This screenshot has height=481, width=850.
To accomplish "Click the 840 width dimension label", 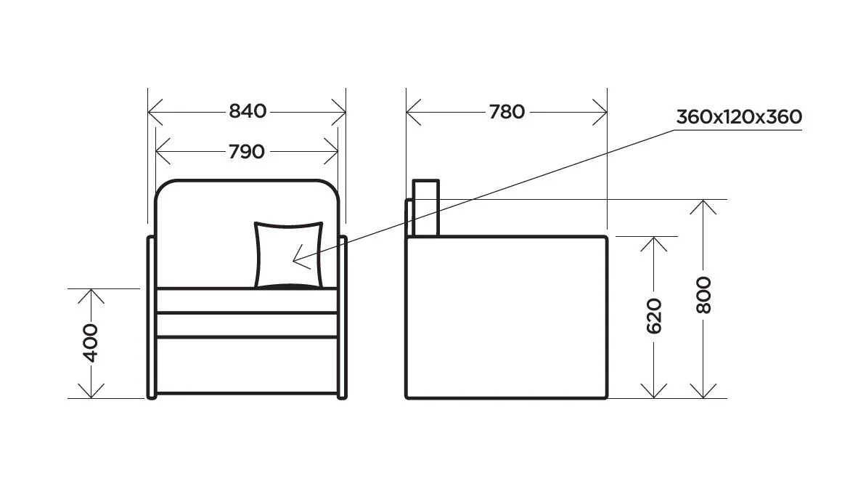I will point(248,111).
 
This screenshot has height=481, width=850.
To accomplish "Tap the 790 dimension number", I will point(247,151).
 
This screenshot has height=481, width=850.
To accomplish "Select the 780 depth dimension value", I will point(506,112).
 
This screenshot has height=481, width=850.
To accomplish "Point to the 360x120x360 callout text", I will point(738,116).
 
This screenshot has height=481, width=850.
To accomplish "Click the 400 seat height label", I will point(91,343).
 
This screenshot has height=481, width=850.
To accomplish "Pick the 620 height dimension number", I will point(654,315).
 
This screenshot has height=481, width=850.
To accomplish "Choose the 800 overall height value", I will point(703,294).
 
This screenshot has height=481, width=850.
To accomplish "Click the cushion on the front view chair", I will point(288,254).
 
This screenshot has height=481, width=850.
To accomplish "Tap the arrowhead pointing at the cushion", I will point(296,257).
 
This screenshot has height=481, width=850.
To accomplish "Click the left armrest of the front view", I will point(151,317).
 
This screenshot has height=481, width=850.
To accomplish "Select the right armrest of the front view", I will point(343,317).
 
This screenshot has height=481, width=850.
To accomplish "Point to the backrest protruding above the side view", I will point(426,208).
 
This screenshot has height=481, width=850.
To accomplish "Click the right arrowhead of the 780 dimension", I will point(602,113).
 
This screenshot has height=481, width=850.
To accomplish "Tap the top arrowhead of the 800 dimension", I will point(703,204).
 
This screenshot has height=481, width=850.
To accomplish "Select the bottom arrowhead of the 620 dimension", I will point(654,393).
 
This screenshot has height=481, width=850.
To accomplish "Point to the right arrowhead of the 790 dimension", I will point(334,152).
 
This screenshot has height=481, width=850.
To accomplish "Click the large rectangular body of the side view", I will point(506,317).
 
